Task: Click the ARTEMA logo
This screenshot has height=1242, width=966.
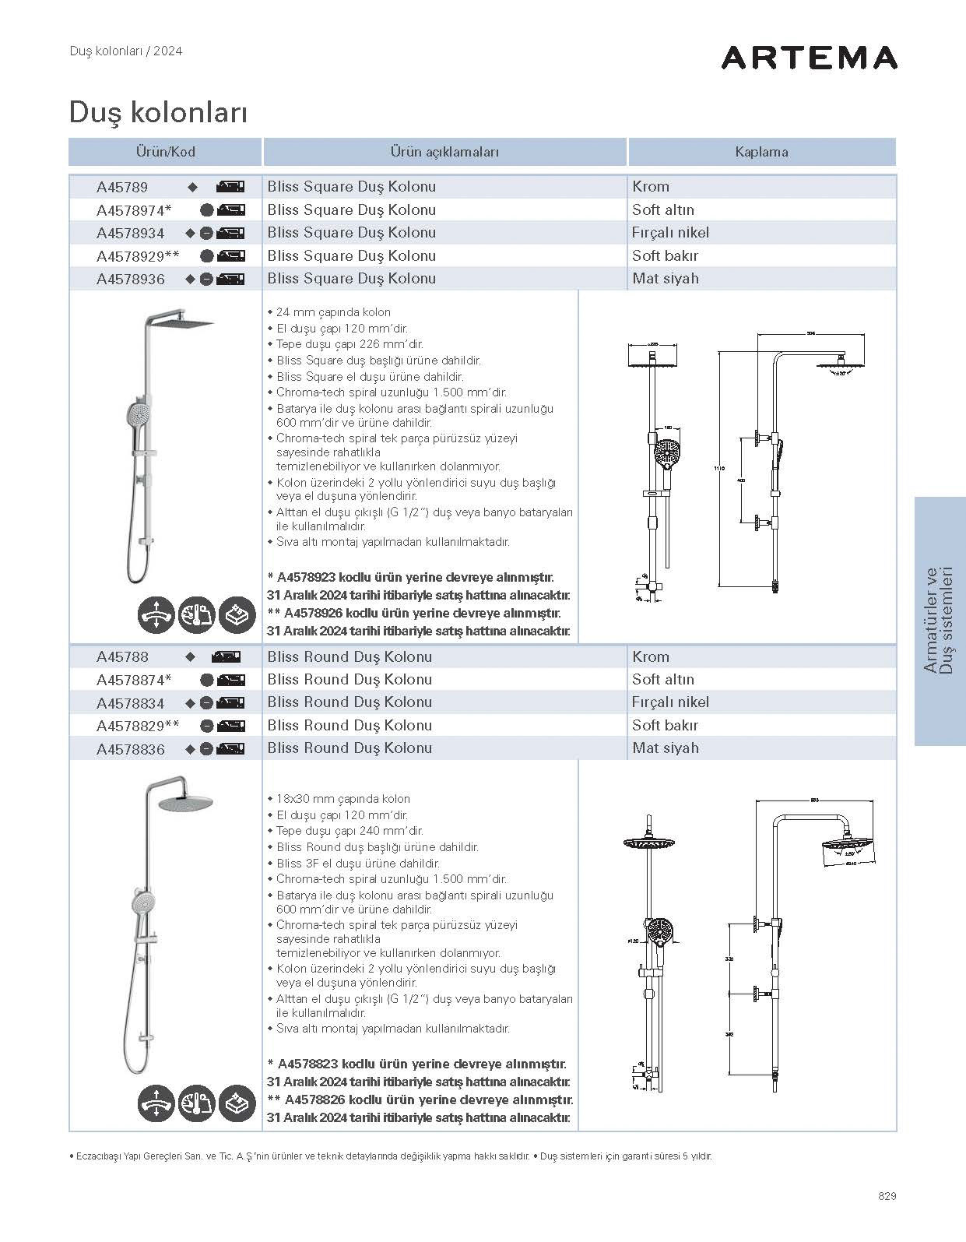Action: pyautogui.click(x=809, y=58)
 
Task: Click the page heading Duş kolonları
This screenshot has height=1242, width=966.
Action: pyautogui.click(x=158, y=112)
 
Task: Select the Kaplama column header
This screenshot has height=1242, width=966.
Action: pyautogui.click(x=761, y=152)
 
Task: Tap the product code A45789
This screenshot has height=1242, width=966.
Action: pyautogui.click(x=122, y=187)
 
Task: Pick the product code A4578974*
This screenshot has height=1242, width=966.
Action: pyautogui.click(x=134, y=210)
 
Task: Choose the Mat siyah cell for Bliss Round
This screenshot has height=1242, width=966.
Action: pyautogui.click(x=665, y=748)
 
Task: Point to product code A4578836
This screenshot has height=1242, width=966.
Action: pyautogui.click(x=131, y=749)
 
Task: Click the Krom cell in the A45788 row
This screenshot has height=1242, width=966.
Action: pyautogui.click(x=651, y=656)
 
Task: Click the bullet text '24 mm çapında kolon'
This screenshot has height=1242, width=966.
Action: pyautogui.click(x=333, y=312)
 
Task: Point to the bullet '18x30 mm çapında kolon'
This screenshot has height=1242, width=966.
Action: pyautogui.click(x=342, y=799)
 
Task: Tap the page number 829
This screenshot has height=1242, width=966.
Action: pyautogui.click(x=887, y=1196)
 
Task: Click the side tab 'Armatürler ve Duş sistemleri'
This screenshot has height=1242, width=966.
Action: pyautogui.click(x=940, y=621)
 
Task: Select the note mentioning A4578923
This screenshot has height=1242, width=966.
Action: pyautogui.click(x=410, y=578)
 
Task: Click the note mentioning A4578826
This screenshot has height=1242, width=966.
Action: pyautogui.click(x=420, y=1100)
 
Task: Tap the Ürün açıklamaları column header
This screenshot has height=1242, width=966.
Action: pyautogui.click(x=444, y=152)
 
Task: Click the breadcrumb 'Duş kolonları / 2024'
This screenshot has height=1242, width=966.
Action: pyautogui.click(x=125, y=51)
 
